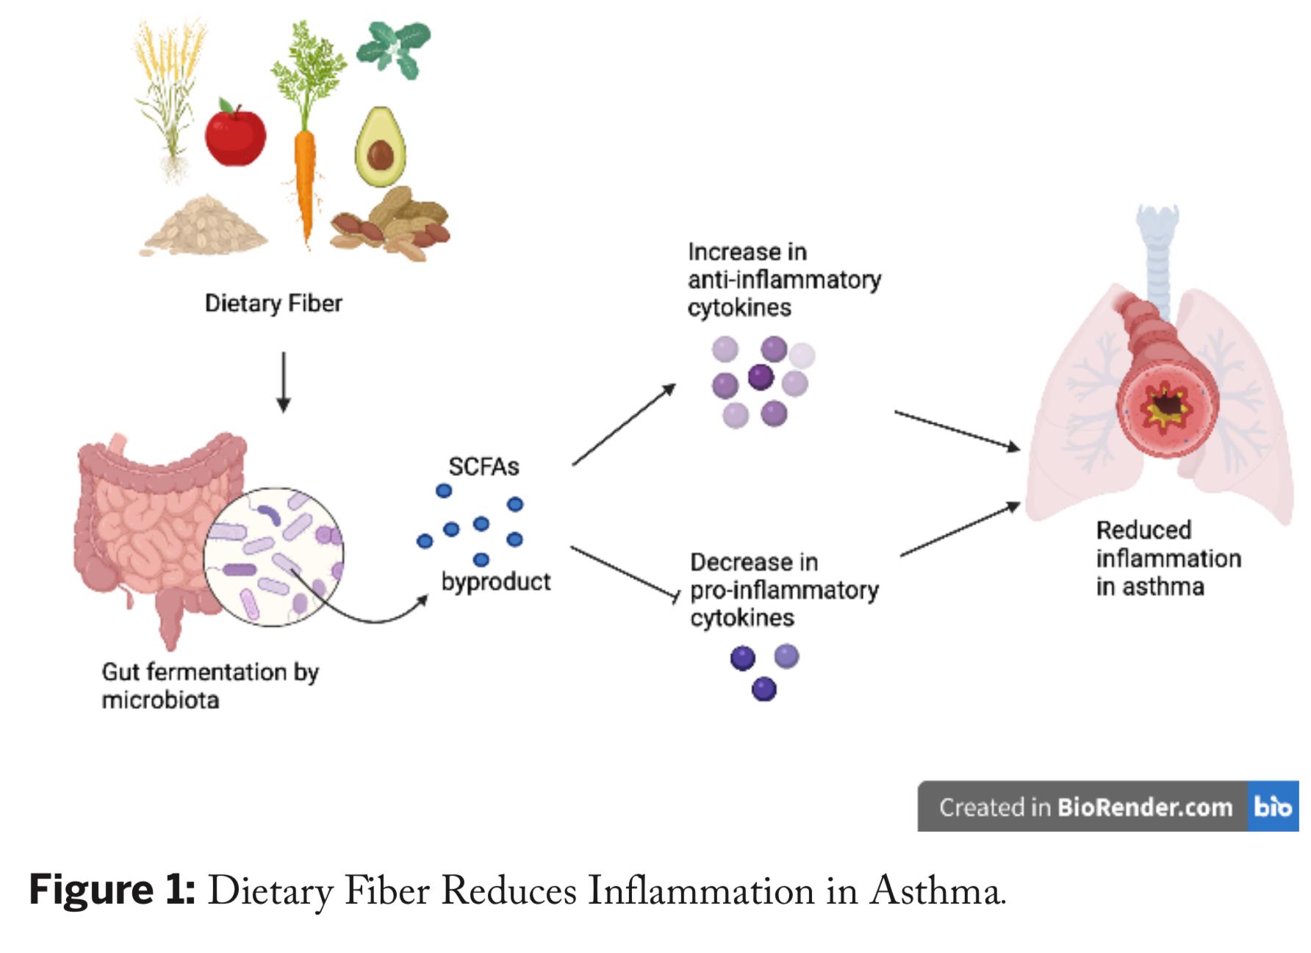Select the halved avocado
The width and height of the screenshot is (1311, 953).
380,147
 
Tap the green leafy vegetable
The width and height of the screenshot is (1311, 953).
393,48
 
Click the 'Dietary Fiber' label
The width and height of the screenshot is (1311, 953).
273,303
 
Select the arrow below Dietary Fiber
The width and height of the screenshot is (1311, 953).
284,382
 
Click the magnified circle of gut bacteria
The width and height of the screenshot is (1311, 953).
273,556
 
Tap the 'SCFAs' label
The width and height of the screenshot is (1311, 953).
484,467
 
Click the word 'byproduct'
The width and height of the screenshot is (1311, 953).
496,582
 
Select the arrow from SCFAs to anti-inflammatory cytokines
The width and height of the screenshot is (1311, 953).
623,425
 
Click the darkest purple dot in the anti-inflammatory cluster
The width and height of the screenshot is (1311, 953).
761,377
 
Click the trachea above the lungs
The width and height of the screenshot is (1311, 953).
1159,250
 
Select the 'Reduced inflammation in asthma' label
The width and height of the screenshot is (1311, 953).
1168,558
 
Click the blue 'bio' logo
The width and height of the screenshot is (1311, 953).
1272,807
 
